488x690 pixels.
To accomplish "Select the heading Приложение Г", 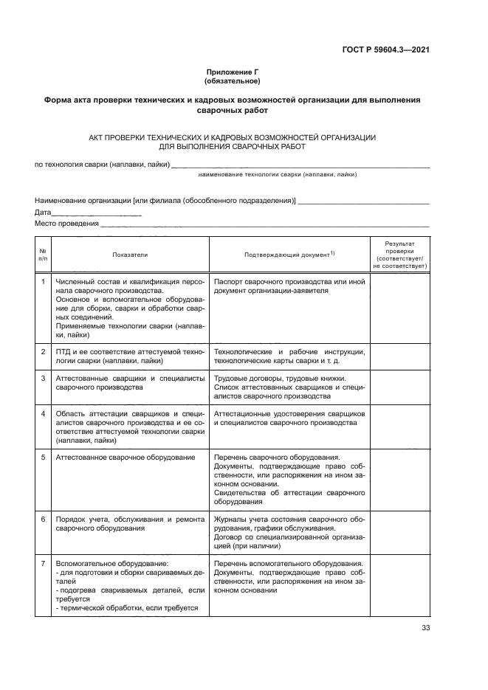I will tap(233, 72).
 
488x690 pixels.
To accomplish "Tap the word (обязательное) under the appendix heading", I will tap(233, 81).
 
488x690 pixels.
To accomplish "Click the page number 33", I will tap(425, 628).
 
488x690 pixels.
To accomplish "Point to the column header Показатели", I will tap(130, 255).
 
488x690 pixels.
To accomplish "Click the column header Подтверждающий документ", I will tap(289, 255).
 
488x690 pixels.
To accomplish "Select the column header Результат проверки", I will tap(399, 255).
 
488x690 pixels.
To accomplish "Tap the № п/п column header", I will tap(43, 255).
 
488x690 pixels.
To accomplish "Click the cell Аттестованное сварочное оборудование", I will tap(126, 458).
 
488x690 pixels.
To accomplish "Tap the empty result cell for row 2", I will tap(399, 356).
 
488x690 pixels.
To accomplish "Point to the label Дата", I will tap(43, 213).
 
